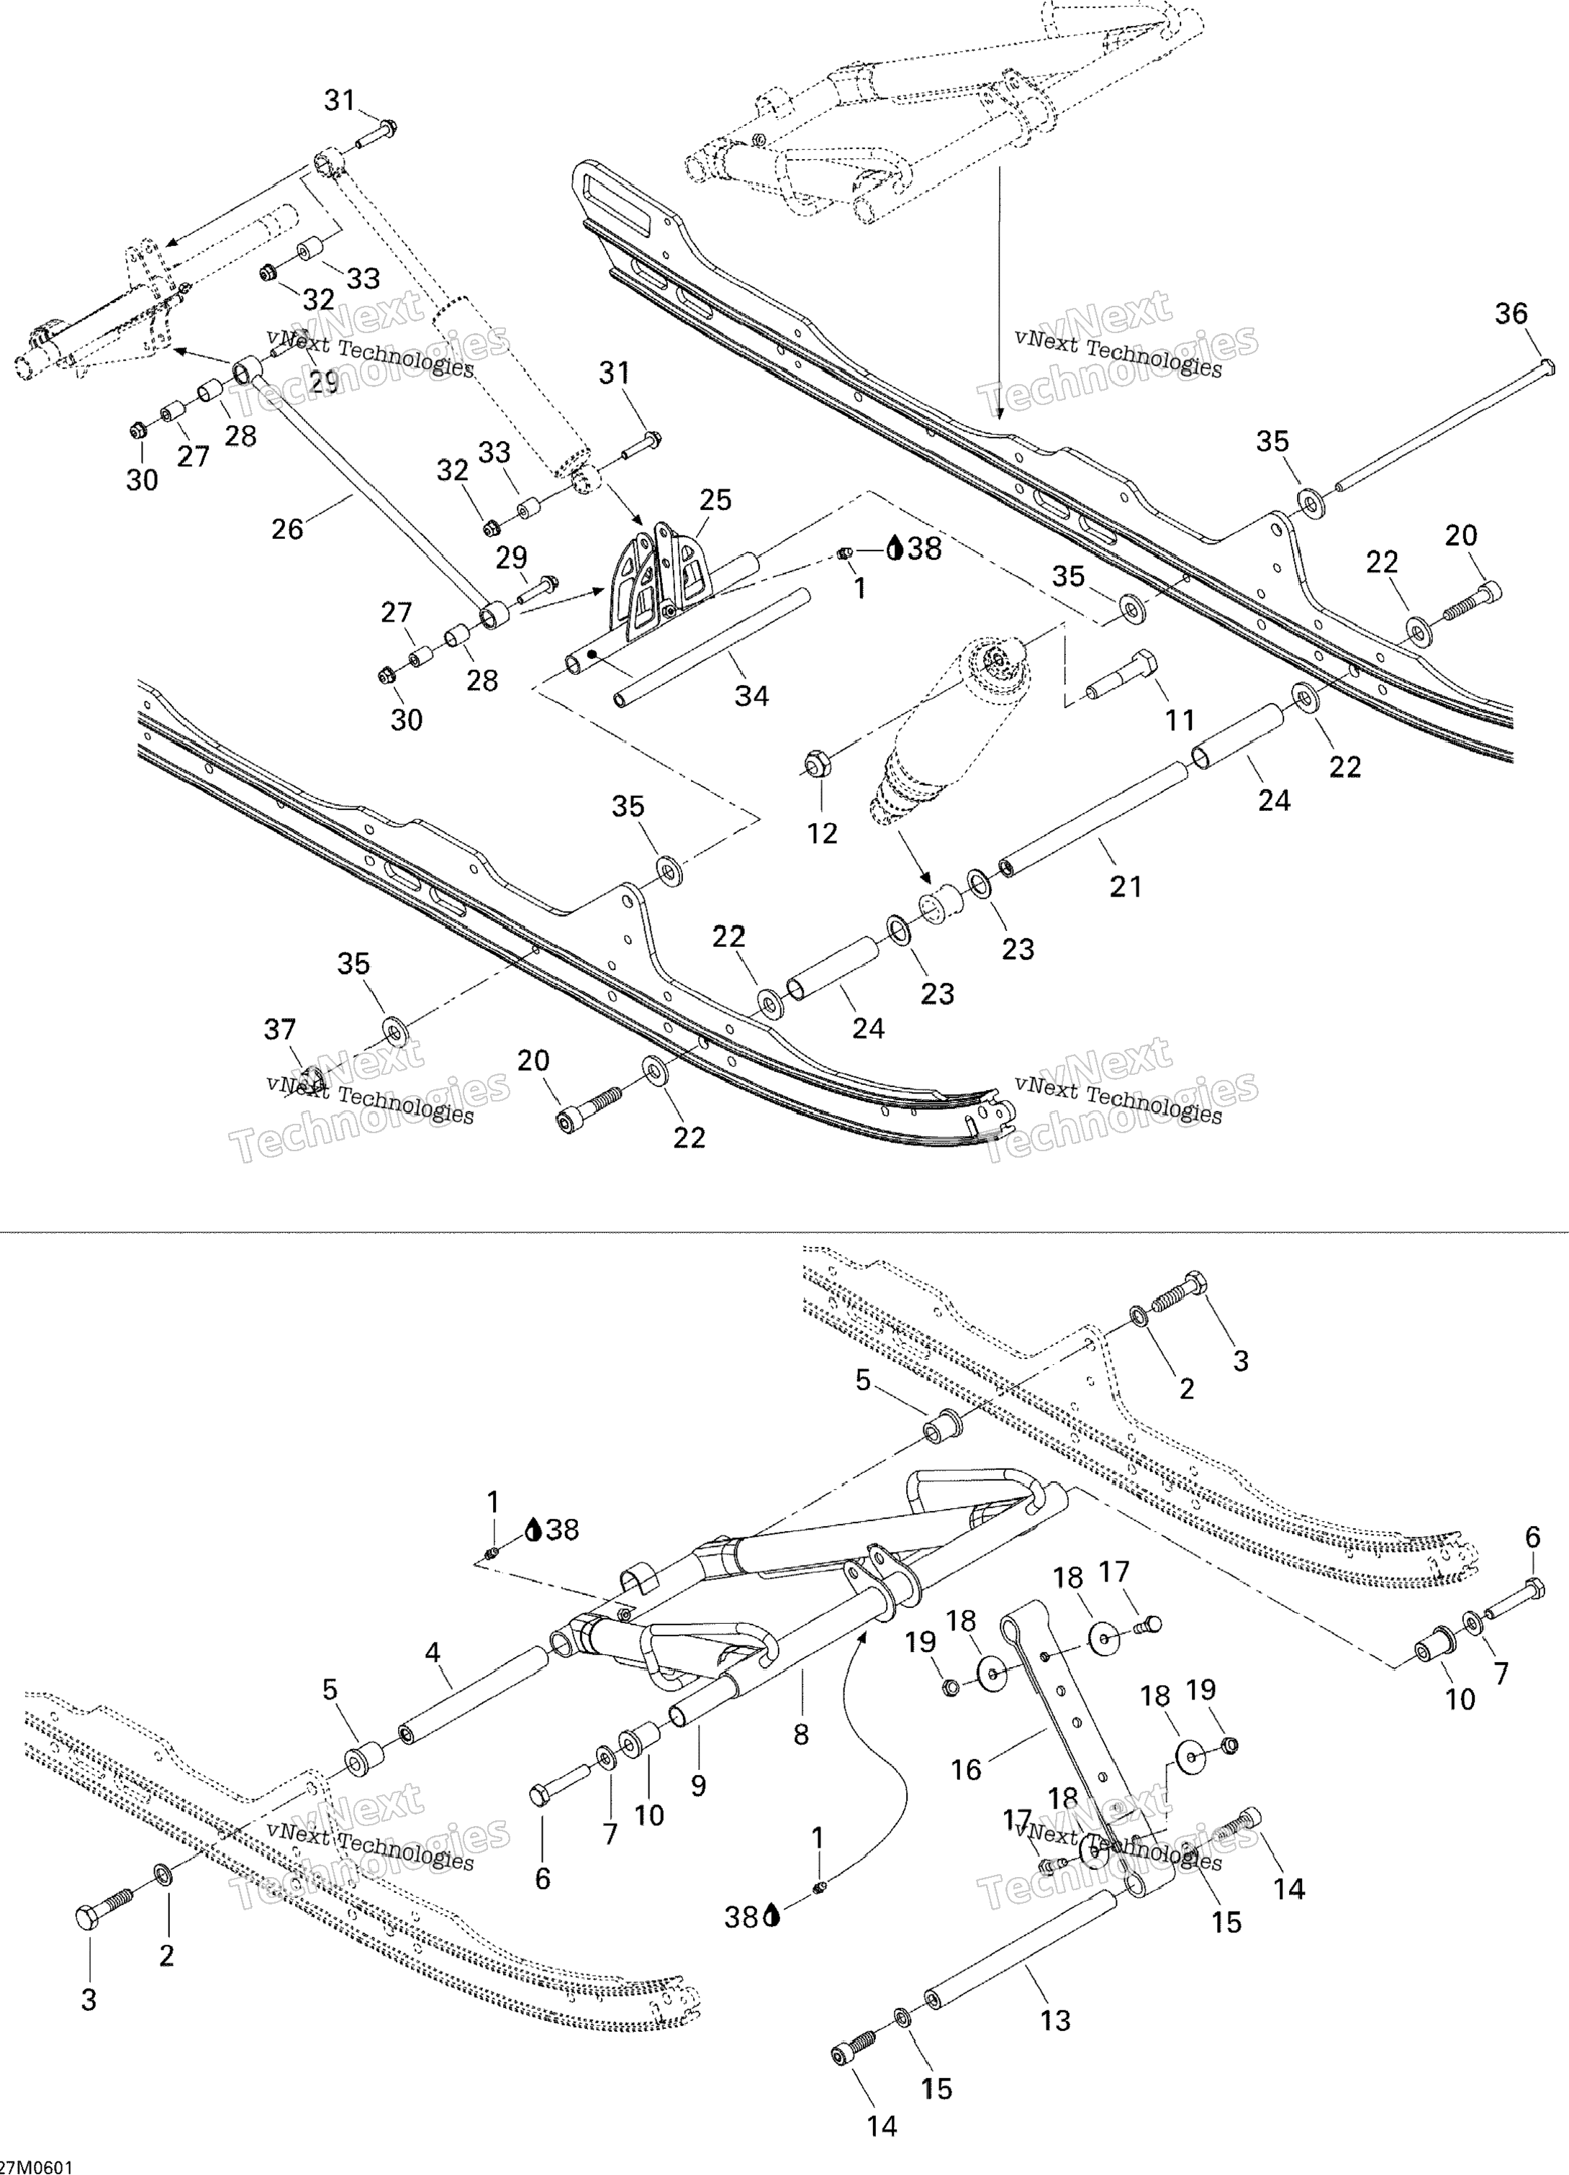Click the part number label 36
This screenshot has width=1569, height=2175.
click(1511, 314)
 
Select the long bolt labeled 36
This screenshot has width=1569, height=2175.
click(1439, 427)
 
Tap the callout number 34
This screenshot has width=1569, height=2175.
click(751, 695)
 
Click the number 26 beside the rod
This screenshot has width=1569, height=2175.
click(286, 528)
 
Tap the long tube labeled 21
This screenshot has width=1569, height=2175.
click(1093, 816)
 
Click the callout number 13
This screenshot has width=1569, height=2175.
click(1055, 2020)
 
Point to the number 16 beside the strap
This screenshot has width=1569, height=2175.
click(966, 1769)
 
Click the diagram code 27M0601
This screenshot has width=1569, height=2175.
click(37, 2166)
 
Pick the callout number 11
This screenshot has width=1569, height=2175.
click(1180, 719)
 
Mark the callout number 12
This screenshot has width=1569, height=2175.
click(822, 833)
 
